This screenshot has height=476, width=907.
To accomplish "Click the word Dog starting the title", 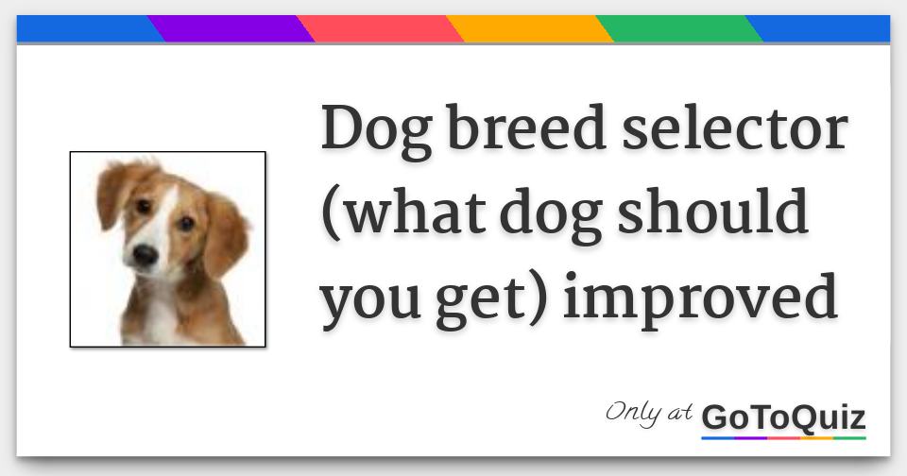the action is click(x=377, y=131).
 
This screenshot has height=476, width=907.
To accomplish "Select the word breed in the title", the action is click(x=526, y=127).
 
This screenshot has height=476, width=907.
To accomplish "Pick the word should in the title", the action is click(x=712, y=211).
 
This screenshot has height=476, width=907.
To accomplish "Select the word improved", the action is click(x=700, y=297).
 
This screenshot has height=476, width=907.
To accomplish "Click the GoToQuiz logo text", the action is click(x=783, y=417).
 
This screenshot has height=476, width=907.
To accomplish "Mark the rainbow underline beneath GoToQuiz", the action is click(x=783, y=438).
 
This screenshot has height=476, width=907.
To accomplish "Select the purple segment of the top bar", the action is click(x=231, y=29).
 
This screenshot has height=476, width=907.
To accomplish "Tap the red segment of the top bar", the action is click(x=380, y=29).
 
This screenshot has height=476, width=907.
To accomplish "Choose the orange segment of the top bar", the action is click(x=529, y=29).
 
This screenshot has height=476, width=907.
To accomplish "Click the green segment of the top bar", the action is click(x=679, y=29).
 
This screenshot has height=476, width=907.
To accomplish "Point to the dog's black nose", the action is click(x=145, y=254).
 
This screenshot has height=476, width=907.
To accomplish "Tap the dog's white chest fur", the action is click(x=159, y=315).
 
